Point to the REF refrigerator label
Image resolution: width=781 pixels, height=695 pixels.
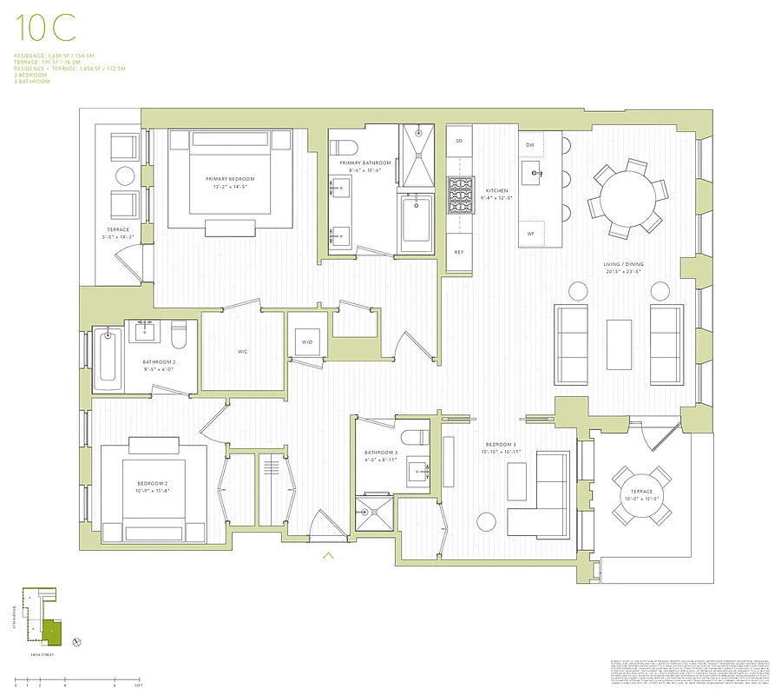coord(459,252)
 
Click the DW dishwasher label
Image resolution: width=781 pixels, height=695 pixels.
coord(530,144)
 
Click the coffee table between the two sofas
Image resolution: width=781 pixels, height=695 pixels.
coord(619,339)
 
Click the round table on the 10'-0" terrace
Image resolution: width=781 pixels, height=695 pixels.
coord(642,495)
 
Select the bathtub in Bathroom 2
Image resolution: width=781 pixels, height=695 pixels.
coord(107,357)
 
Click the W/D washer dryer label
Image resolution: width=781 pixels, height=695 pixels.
coord(307,342)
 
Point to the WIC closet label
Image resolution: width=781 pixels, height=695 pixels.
coord(244,352)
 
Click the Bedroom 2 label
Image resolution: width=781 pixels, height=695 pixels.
coord(153,484)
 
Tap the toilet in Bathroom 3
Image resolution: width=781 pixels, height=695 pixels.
coord(414,436)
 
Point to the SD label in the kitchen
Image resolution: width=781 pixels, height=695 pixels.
coord(459,140)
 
